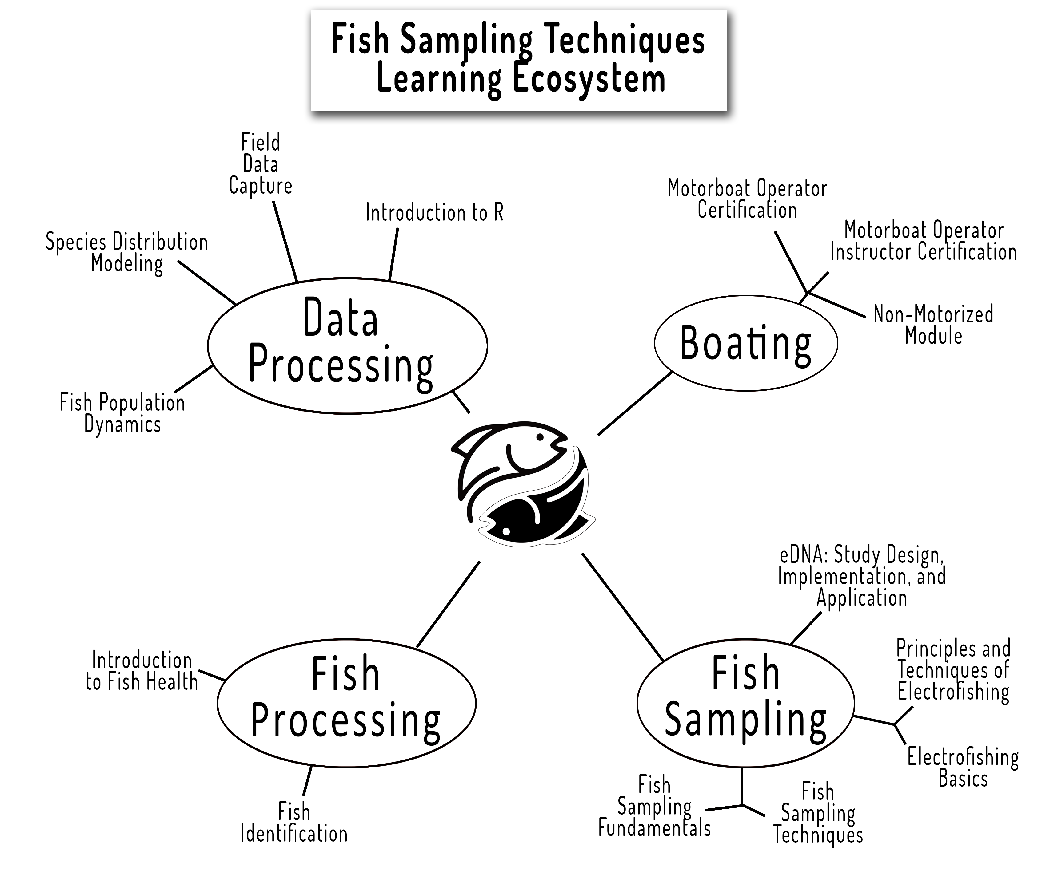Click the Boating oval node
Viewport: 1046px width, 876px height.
pos(746,343)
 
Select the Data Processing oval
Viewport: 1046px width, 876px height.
pos(347,346)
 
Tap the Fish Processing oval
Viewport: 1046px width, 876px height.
pos(346,702)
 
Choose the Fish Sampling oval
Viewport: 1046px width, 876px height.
pos(746,702)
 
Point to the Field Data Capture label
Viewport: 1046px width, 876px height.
pos(261,164)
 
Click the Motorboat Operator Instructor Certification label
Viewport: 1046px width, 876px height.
pos(924,241)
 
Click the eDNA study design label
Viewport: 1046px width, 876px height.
pos(862,576)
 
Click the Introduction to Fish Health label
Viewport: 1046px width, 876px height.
pos(142,671)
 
